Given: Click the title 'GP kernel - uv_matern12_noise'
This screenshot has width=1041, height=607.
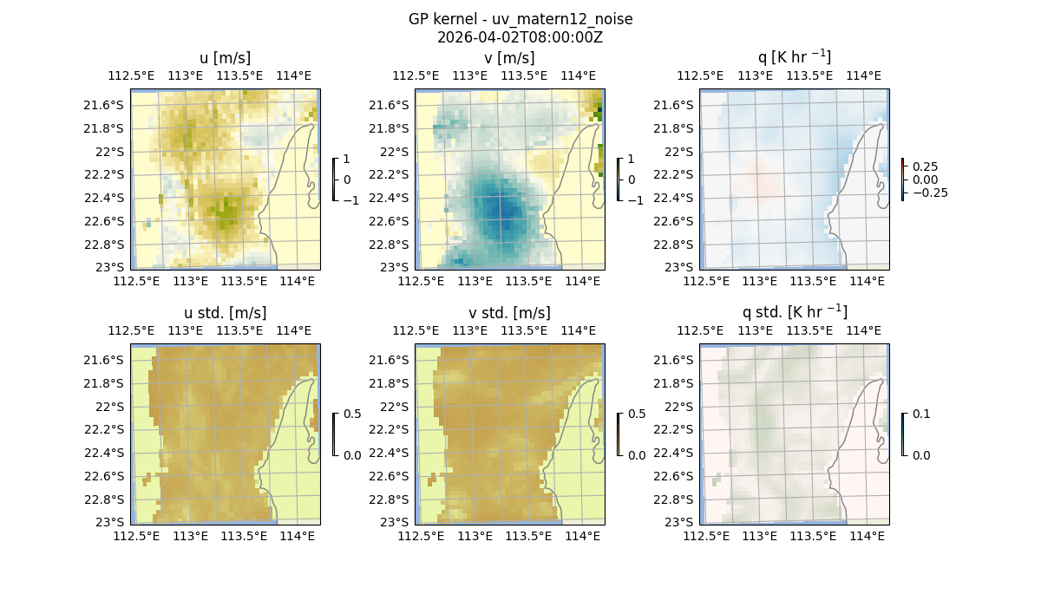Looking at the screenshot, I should [x=520, y=19].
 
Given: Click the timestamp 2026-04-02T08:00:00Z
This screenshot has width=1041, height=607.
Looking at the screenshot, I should [x=520, y=37].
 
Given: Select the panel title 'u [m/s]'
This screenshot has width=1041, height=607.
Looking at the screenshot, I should [x=225, y=58].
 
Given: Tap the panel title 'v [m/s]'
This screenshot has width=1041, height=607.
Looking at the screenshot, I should [x=509, y=58].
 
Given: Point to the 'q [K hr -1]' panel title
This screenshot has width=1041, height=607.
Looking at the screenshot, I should [x=794, y=57].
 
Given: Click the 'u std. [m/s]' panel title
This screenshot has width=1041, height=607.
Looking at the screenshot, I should [x=225, y=313].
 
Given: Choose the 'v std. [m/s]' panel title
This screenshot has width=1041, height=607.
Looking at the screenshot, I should [x=509, y=313].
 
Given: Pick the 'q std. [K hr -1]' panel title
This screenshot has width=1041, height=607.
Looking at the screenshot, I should [x=794, y=312].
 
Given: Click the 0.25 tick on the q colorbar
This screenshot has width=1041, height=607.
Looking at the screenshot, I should [x=925, y=166].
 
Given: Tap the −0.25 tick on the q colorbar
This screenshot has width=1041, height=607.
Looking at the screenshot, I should [x=928, y=193].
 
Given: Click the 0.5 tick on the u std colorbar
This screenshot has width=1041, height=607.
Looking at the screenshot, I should [x=352, y=414].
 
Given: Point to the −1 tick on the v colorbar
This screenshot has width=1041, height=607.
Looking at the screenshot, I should [x=636, y=200].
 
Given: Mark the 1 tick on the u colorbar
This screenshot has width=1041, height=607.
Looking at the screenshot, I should [x=347, y=159].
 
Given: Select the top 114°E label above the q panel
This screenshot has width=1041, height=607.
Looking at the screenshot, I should [x=863, y=75].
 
